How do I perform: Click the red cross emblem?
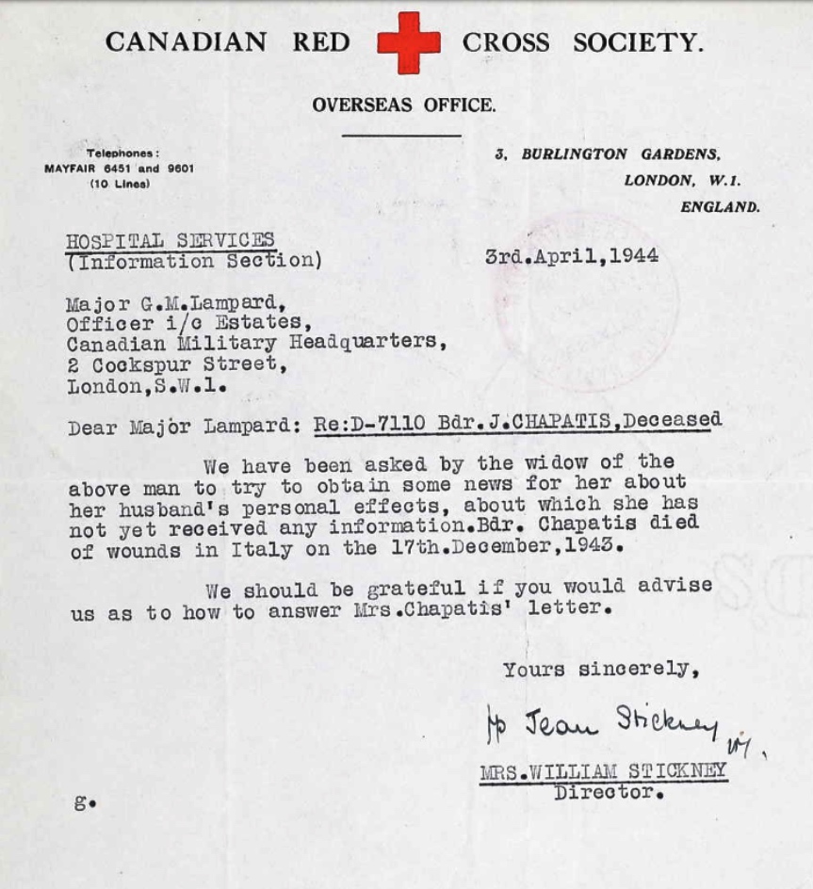[408, 42]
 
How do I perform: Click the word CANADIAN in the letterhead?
[186, 42]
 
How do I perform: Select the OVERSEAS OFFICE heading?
[403, 105]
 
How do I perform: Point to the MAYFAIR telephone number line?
[119, 169]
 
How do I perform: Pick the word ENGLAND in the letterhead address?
[720, 207]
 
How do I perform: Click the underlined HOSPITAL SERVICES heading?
[171, 240]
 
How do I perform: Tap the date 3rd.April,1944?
[571, 256]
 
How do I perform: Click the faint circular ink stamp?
[588, 301]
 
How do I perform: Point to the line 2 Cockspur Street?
[172, 364]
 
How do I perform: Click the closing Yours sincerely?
[600, 670]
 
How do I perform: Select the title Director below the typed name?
[609, 792]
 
